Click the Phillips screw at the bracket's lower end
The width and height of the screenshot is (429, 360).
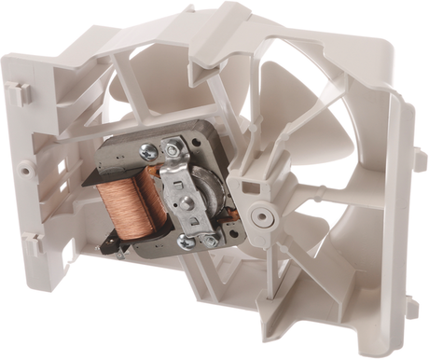pyautogui.click(x=187, y=241)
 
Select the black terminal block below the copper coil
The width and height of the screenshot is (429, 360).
pyautogui.click(x=117, y=243)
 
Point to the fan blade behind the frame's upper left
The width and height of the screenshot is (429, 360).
pyautogui.click(x=140, y=75)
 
